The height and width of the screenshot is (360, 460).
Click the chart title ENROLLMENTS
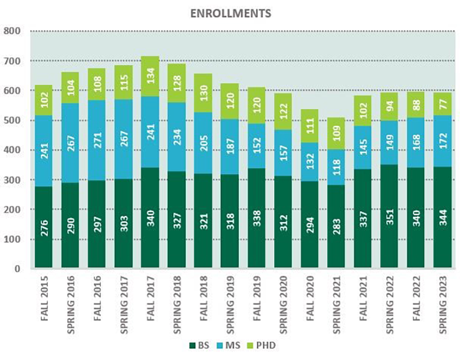coord(231,13)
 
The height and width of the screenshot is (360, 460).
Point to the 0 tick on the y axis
coord(17,269)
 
